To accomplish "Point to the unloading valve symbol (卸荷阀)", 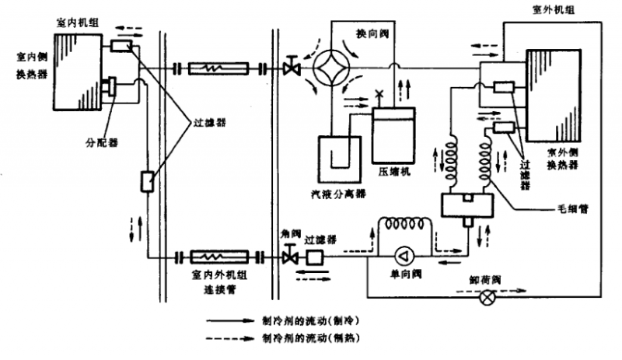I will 488,296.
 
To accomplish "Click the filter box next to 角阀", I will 315,257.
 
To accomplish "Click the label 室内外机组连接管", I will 215,281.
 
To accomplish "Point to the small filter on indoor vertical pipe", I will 146,182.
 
